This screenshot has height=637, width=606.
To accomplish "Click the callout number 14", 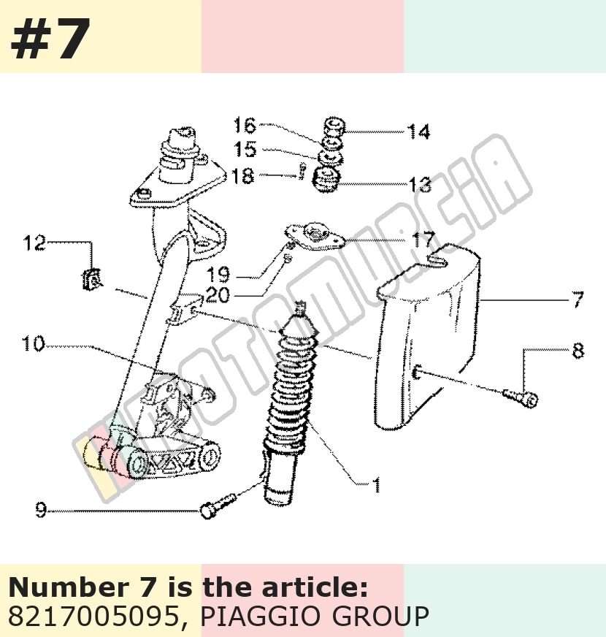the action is [418, 131].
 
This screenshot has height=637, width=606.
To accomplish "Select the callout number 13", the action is [420, 184].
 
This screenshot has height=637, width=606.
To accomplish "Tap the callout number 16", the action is [245, 125].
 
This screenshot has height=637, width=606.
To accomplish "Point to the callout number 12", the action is [34, 243].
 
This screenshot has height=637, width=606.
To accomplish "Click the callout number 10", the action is [33, 343].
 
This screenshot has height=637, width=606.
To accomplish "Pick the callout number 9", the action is [41, 510].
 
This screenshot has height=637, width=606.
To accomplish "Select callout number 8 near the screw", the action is [578, 351].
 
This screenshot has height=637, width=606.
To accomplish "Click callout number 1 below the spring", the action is [377, 484].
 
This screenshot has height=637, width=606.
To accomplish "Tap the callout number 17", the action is [424, 239].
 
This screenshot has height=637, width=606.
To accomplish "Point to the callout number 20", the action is [218, 295].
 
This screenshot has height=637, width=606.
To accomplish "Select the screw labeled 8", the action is [521, 397].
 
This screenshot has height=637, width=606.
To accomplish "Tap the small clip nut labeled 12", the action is [91, 280].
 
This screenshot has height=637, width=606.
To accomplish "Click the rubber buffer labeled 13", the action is [327, 179].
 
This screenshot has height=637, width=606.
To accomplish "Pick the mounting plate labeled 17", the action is [315, 236].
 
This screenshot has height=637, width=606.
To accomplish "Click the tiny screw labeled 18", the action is [302, 171].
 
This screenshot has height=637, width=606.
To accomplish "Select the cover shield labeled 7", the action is [426, 337].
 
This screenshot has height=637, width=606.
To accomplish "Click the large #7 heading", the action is [50, 39].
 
